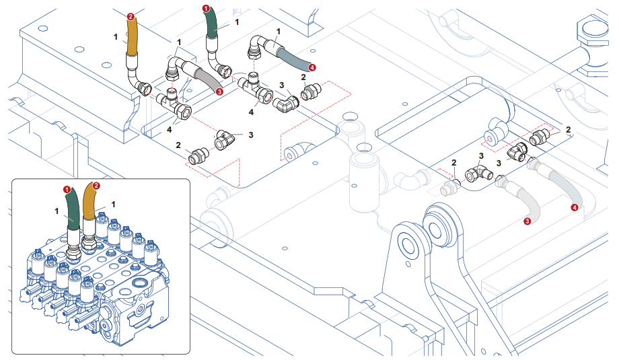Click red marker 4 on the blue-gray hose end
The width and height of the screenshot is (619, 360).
point(312,67)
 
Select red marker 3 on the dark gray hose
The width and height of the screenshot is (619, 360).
point(219,91)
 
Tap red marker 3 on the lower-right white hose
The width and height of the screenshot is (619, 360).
point(527,219)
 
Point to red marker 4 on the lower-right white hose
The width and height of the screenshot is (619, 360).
point(574,208)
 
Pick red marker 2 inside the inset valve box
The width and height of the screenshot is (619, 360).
point(96,186)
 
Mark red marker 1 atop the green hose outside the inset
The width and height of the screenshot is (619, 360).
point(206,9)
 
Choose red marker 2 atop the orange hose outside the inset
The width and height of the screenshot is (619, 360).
point(131,15)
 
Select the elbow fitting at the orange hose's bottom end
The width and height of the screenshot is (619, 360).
point(142,86)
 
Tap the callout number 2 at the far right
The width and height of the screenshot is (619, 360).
point(569,129)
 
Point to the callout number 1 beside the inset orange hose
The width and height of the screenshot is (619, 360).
point(114,203)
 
